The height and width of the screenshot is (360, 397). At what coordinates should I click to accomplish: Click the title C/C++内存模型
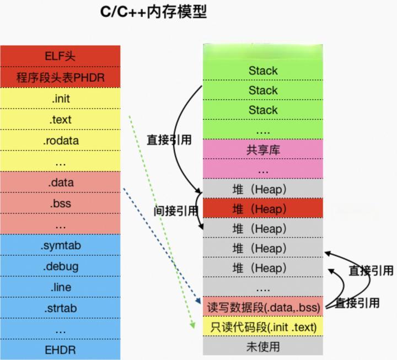[x=154, y=12]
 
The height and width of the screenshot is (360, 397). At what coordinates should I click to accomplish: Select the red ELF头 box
[x=61, y=57]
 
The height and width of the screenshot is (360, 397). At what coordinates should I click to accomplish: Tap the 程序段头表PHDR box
[x=61, y=77]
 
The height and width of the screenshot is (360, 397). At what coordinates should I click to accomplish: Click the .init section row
[x=61, y=99]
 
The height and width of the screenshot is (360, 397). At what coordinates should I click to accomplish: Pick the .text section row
[x=61, y=119]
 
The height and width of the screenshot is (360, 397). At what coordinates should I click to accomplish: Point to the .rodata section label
[x=61, y=140]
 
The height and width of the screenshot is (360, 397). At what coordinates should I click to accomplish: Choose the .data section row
[x=61, y=182]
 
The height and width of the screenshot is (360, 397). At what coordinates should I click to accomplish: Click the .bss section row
[x=61, y=203]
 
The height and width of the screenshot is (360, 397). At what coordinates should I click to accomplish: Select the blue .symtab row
[x=61, y=245]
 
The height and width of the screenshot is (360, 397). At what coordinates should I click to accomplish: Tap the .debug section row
[x=61, y=266]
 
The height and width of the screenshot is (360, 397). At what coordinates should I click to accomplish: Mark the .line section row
[x=61, y=287]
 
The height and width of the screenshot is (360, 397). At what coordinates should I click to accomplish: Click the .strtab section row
[x=61, y=308]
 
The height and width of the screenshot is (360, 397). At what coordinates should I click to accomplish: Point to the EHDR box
[x=61, y=350]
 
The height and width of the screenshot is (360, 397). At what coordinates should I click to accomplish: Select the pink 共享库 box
[x=263, y=149]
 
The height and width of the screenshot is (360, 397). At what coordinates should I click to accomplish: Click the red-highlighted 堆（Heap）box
[x=263, y=209]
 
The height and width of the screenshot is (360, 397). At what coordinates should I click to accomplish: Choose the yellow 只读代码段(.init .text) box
[x=263, y=327]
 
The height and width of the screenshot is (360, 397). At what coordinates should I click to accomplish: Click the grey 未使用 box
[x=263, y=347]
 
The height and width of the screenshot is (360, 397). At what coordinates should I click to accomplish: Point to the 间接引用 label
[x=175, y=210]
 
